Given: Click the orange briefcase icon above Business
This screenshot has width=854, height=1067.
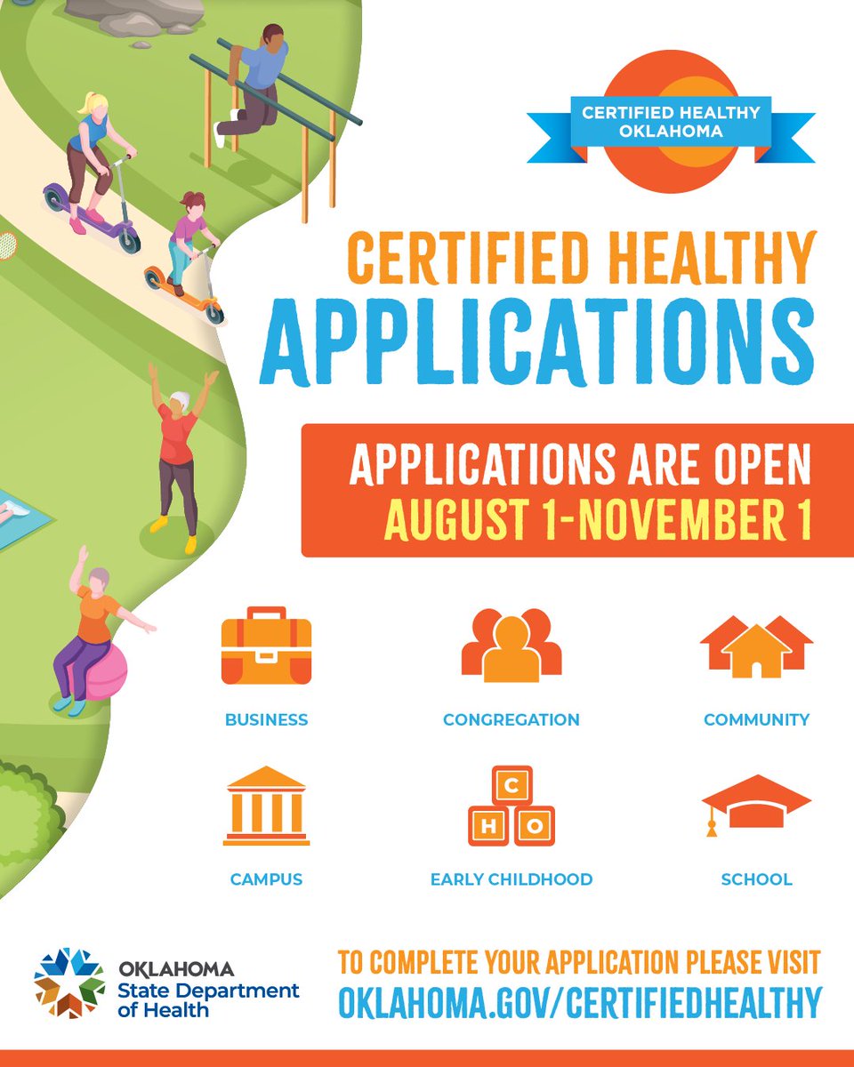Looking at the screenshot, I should coord(266,646).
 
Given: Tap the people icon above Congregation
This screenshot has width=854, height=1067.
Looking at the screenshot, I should coord(512,646).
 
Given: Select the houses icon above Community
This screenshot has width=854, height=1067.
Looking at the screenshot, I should coord(756,646).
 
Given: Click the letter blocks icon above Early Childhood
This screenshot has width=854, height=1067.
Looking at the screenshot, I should coord(512,806).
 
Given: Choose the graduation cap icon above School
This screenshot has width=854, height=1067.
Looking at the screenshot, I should coord(756,803).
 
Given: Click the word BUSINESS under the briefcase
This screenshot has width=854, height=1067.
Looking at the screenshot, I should coord(266,719).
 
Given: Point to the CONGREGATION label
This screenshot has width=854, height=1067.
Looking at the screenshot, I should coord(512,719).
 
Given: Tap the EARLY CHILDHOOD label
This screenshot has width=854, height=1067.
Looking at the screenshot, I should coord(512,879).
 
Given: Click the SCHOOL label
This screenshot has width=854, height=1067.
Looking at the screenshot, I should coord(756,879).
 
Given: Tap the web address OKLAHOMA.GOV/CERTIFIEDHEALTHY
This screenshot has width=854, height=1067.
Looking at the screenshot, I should coord(579,1001).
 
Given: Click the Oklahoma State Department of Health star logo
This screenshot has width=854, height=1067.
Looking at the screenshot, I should coord(69,983).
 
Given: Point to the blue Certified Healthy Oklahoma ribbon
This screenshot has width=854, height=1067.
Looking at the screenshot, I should coord(671,121).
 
